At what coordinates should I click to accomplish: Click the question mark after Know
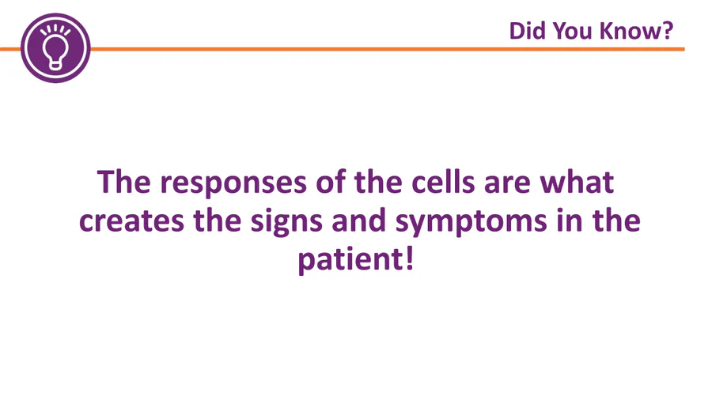pos(666,31)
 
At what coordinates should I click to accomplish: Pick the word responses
pos(233,183)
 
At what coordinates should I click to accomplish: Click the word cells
pos(443,181)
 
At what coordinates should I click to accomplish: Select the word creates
pos(131,221)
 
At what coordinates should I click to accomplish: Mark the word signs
pos(286,222)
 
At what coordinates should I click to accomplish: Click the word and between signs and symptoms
pos(358,220)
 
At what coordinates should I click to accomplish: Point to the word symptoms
pos(471,222)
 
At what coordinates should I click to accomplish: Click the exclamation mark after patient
pos(410,258)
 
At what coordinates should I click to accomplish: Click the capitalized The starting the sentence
pos(124,181)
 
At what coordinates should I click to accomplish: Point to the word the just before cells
pos(378,181)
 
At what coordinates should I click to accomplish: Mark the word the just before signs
pos(218,220)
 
